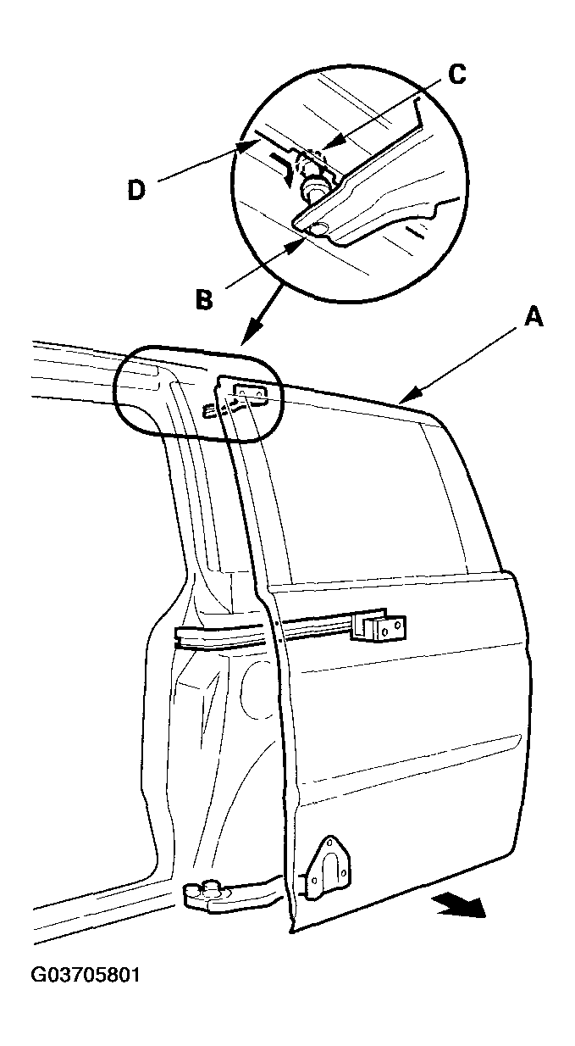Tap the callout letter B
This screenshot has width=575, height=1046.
tap(204, 299)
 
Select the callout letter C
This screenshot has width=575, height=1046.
tap(457, 75)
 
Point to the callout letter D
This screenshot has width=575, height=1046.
tap(136, 190)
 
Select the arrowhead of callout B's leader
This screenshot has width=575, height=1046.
tap(296, 245)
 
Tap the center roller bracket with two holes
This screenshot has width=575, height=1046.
tap(381, 626)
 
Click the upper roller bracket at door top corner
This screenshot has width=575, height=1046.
tap(251, 392)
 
